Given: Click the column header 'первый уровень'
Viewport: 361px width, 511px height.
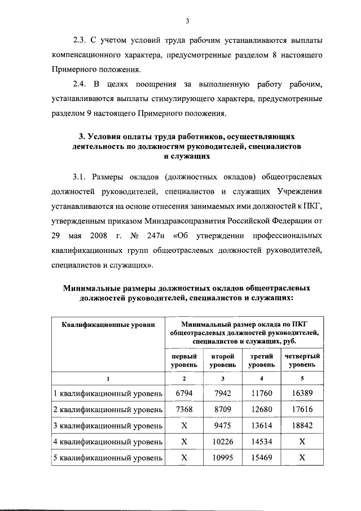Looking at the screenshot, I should pyautogui.click(x=184, y=361).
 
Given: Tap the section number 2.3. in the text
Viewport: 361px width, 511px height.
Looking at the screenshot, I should pyautogui.click(x=83, y=41).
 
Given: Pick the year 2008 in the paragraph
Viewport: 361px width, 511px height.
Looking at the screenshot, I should pyautogui.click(x=99, y=234).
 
